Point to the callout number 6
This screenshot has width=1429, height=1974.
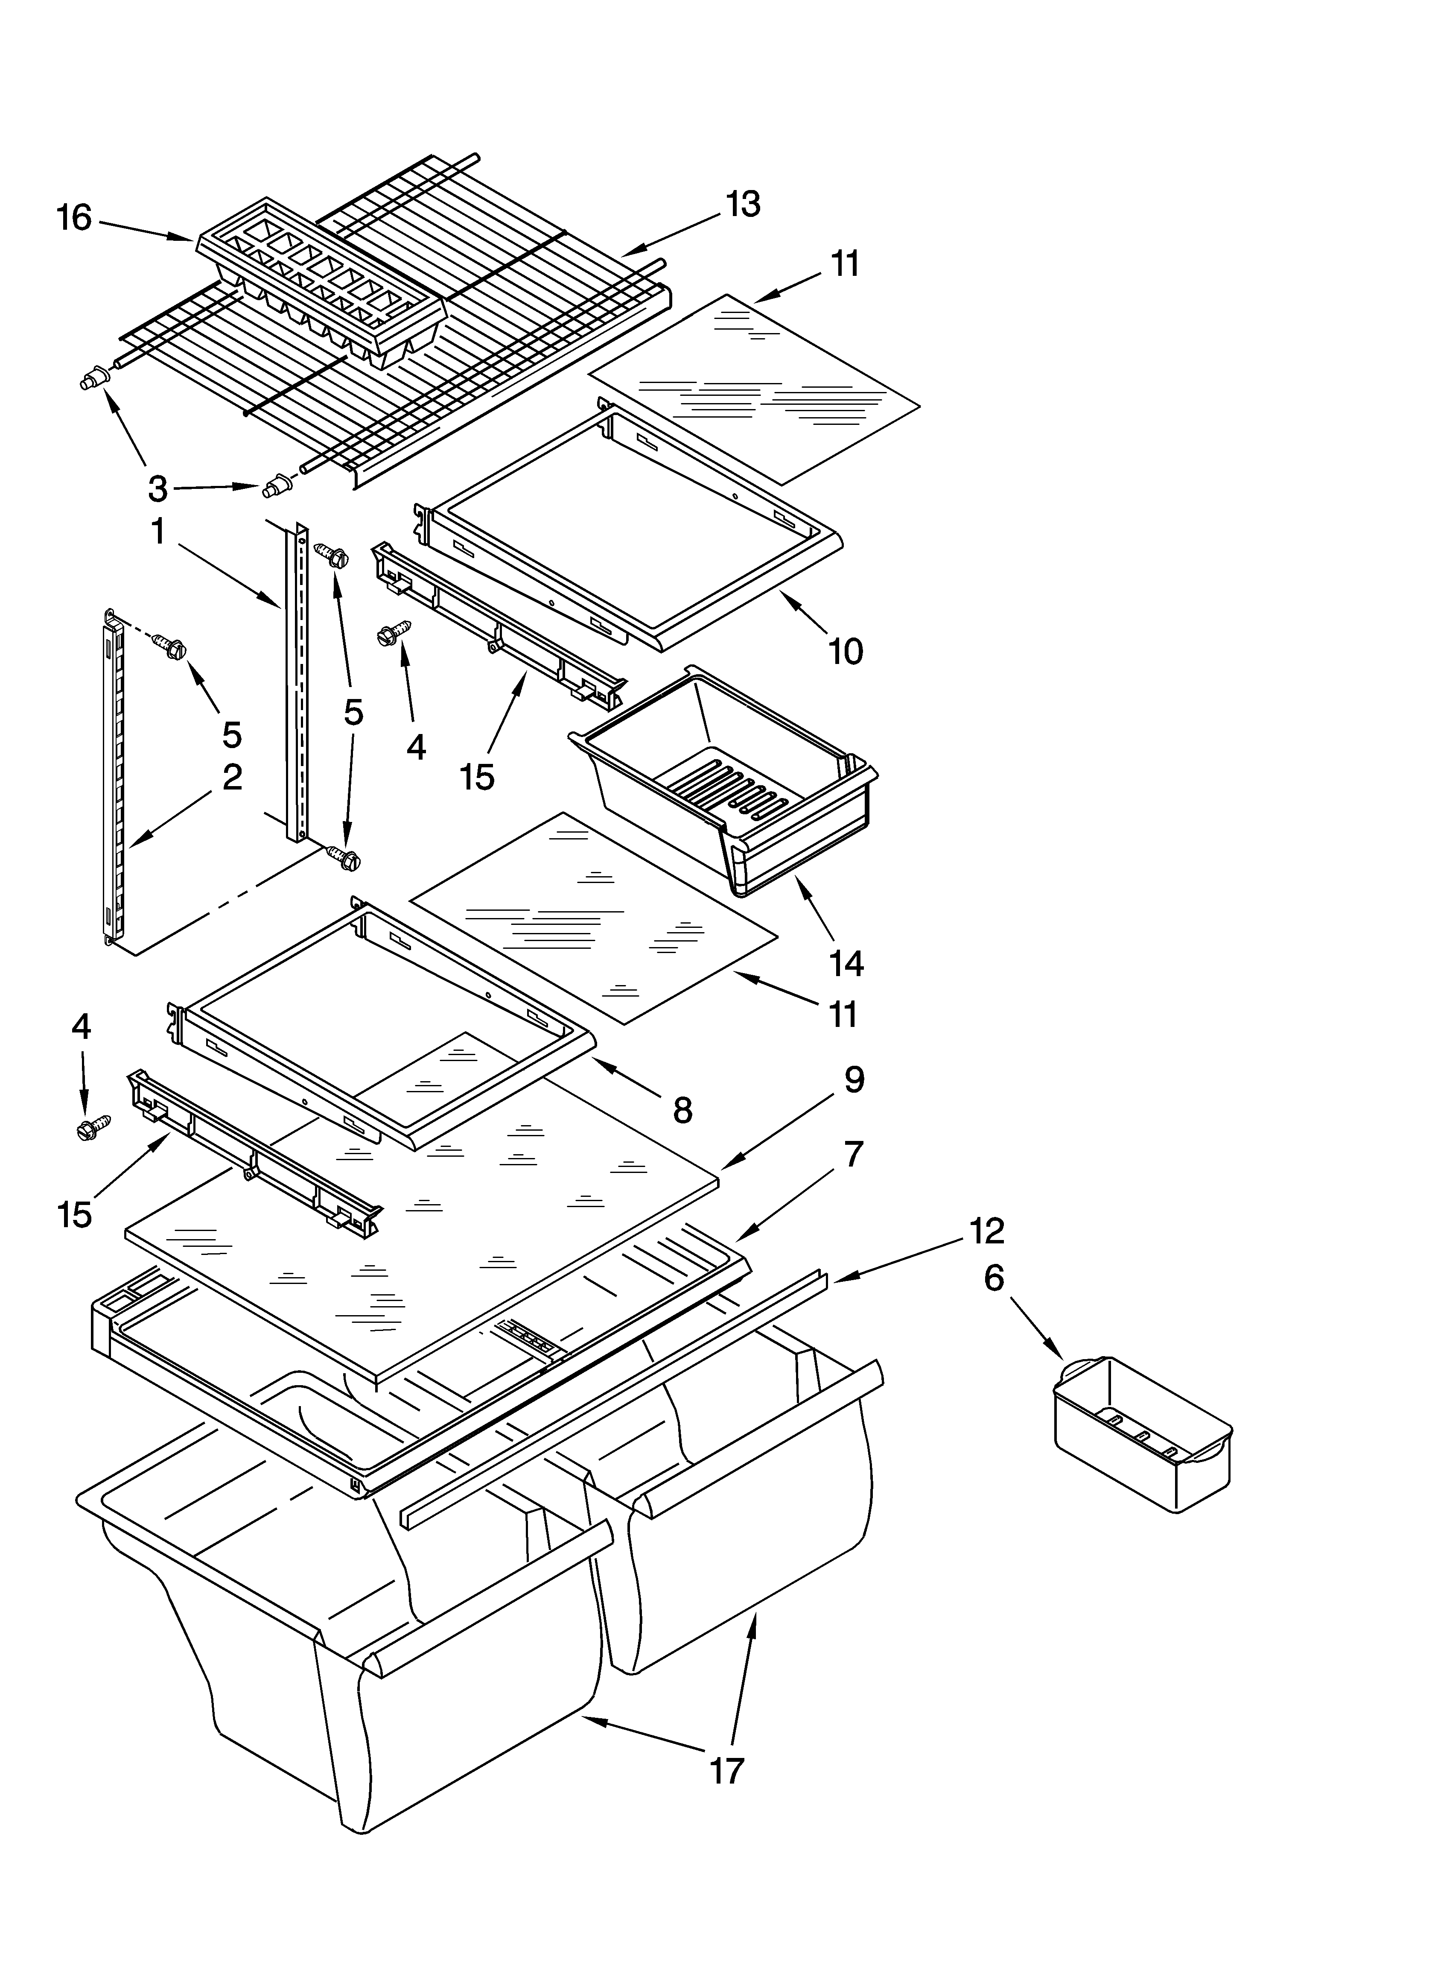(994, 1278)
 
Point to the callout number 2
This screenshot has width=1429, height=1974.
(231, 777)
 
